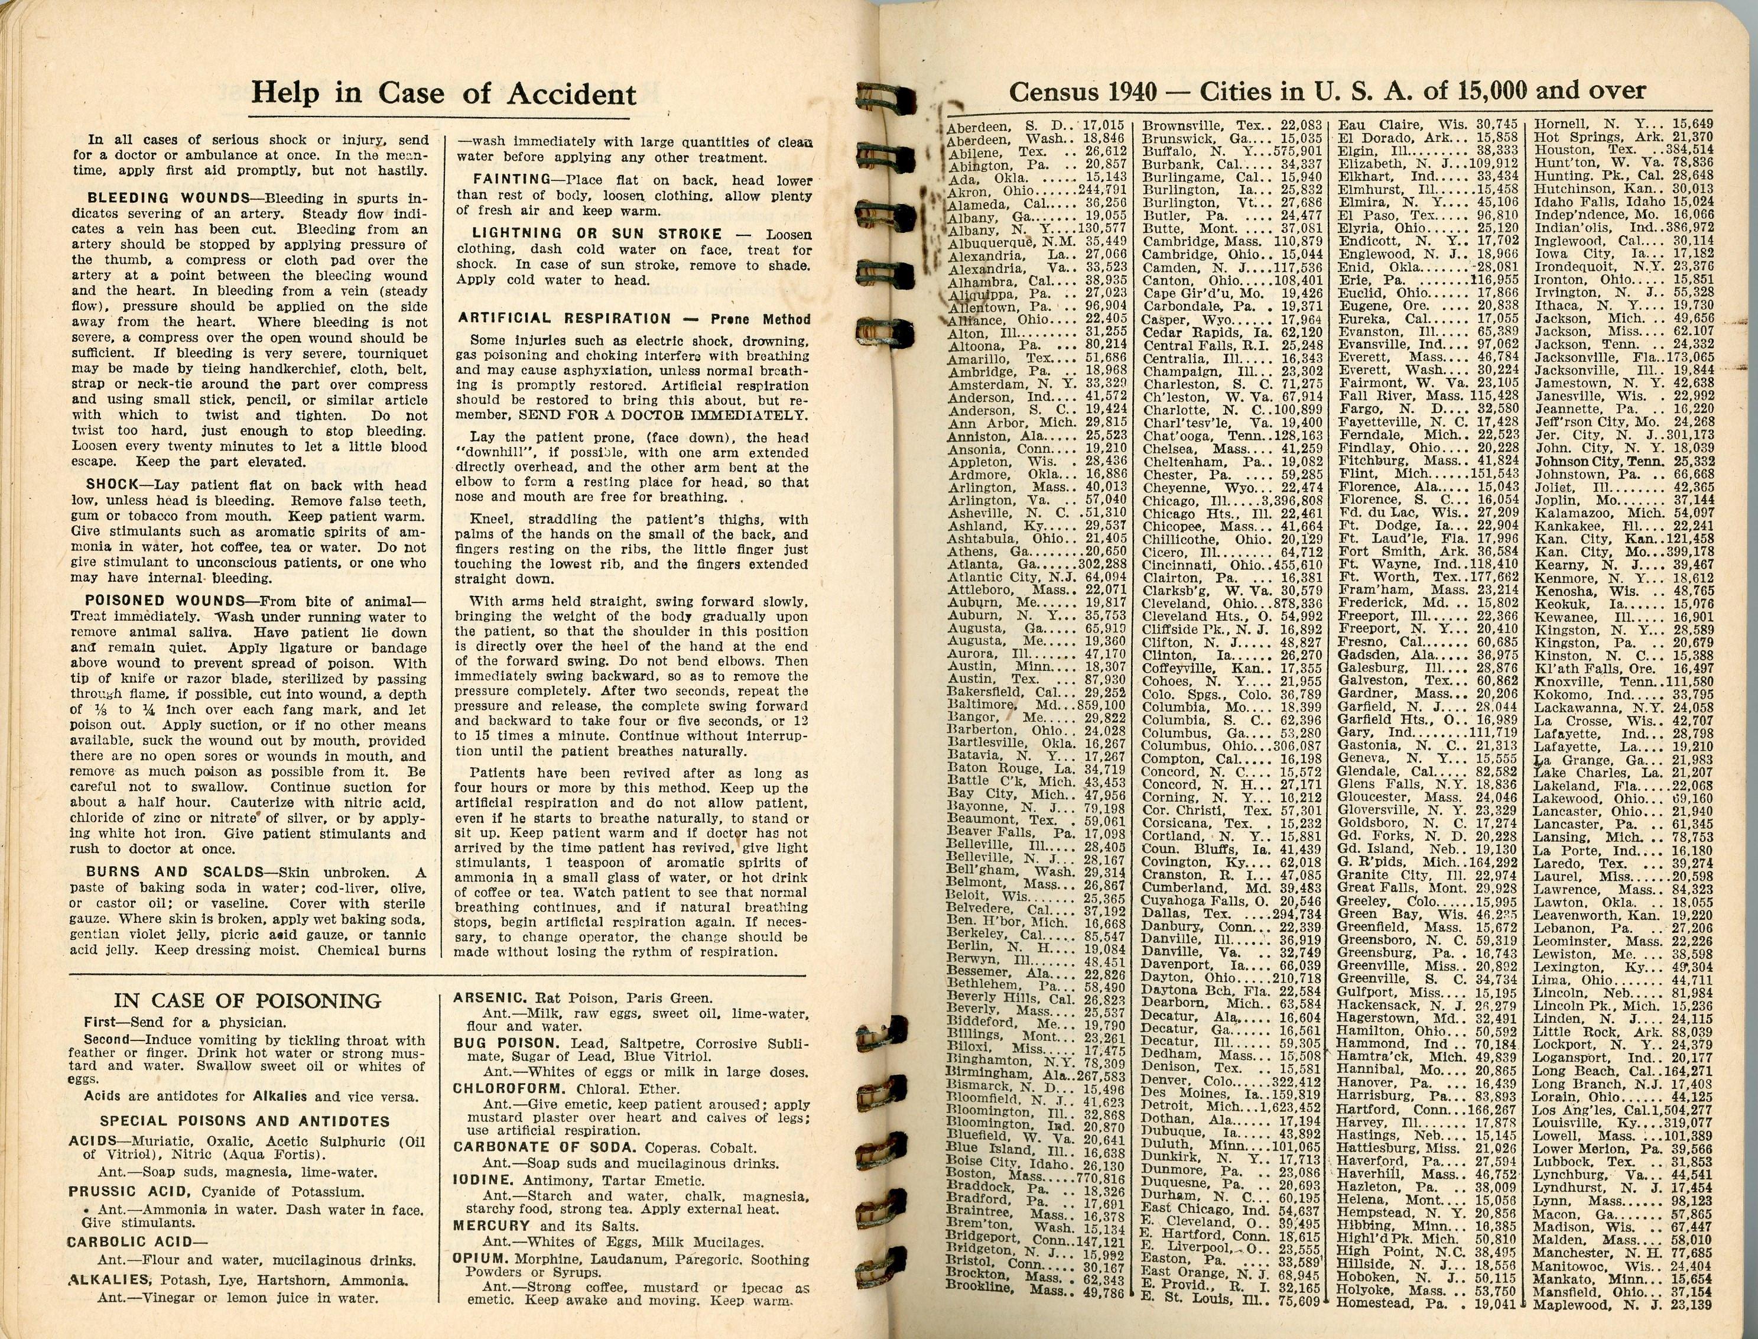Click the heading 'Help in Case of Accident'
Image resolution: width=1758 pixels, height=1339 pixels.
[x=444, y=94]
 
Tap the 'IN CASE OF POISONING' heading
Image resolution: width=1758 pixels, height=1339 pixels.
[x=248, y=1001]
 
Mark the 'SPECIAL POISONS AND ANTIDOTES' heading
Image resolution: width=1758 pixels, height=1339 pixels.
[x=245, y=1121]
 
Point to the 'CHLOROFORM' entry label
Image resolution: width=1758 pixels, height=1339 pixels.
[x=499, y=1089]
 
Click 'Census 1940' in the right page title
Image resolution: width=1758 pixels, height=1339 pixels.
[x=1082, y=92]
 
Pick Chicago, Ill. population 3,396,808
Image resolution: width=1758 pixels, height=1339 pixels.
[x=1291, y=501]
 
